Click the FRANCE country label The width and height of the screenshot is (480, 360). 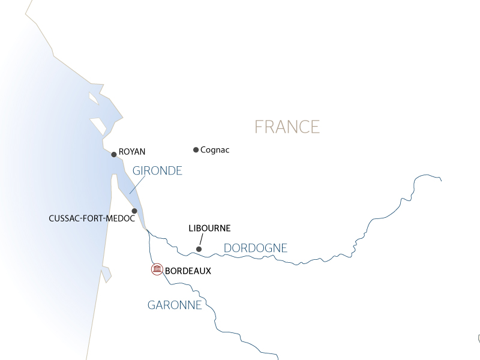point(287,127)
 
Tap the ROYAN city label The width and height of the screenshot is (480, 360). point(132,152)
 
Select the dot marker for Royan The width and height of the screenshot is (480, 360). point(113,154)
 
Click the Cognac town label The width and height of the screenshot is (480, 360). point(215,150)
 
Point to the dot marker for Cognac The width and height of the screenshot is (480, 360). point(196,150)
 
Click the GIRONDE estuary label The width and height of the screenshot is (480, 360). point(157,171)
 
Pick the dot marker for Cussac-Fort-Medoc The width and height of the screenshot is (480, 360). point(134,211)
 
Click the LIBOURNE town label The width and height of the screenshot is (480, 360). point(209,229)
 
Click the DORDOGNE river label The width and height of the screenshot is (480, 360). point(255,248)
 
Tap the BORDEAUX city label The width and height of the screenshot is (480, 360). point(188,271)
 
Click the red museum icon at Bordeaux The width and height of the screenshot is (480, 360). point(157,269)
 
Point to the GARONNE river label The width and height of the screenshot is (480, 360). point(175,305)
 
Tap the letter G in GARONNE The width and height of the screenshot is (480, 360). point(152,305)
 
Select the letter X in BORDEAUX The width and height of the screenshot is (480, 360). point(208,271)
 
